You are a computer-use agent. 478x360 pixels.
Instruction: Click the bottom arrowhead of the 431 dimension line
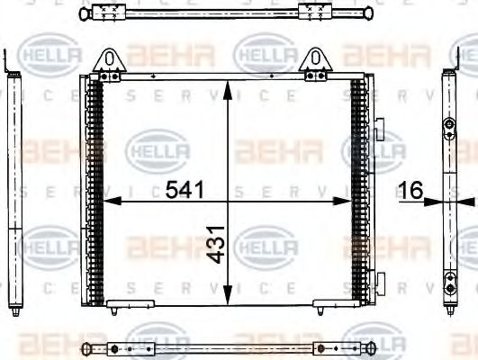[228, 297]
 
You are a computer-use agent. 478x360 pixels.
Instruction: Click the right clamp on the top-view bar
[316, 13]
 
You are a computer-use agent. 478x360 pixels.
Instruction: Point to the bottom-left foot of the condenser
[118, 305]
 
